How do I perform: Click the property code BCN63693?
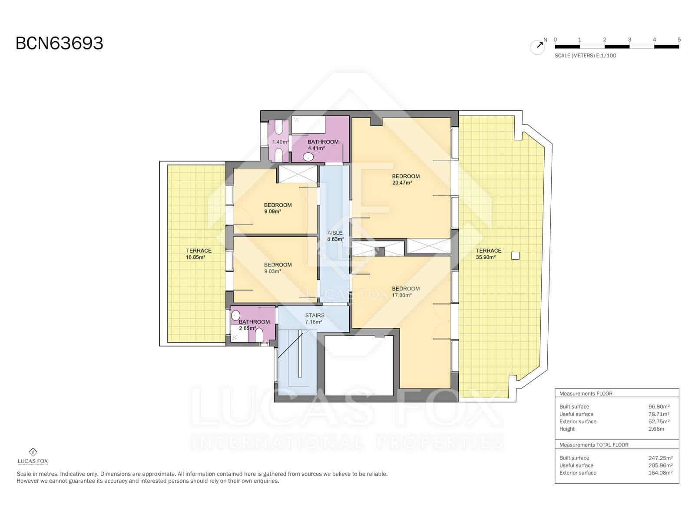[60, 43]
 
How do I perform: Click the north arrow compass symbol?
[538, 46]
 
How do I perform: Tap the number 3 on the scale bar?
[629, 40]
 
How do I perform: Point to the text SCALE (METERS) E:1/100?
[585, 56]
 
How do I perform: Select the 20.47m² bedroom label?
[405, 179]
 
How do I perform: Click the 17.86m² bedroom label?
[405, 292]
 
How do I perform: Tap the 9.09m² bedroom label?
[278, 208]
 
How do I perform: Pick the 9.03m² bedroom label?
[278, 267]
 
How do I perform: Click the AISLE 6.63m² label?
[335, 236]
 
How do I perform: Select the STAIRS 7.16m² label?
[314, 318]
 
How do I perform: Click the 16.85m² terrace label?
[199, 254]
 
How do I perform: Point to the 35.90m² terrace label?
[488, 254]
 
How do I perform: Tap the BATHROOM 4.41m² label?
[322, 145]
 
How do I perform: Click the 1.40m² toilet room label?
[280, 142]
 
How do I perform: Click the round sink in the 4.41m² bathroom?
[308, 157]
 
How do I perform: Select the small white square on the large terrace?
[515, 256]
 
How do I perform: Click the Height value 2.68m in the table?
[656, 429]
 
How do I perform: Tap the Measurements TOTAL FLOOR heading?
[593, 445]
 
